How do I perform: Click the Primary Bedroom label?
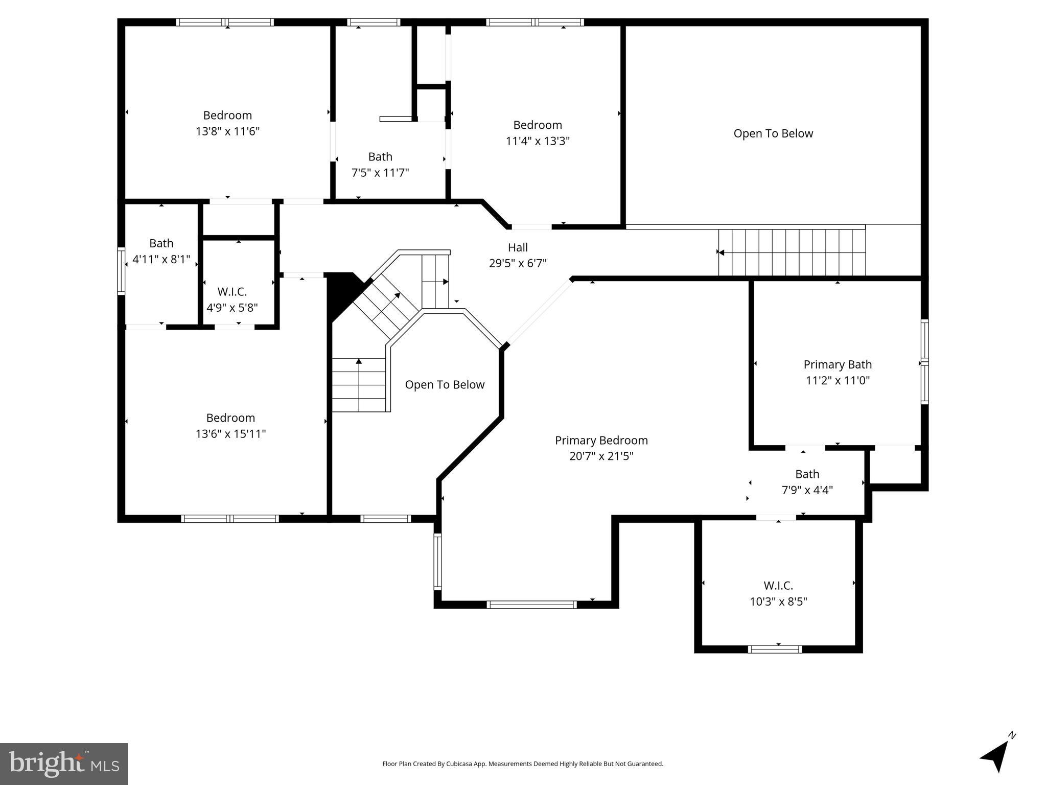(x=601, y=441)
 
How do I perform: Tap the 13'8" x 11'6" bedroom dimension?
(x=227, y=131)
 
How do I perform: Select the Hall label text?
(x=518, y=248)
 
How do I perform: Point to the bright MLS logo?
(x=64, y=764)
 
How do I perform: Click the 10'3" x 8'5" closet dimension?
(x=778, y=602)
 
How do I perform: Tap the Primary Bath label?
(x=837, y=365)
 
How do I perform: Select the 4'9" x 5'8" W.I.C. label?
(x=232, y=300)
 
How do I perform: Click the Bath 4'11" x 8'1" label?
(x=161, y=251)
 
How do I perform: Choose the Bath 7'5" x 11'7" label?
(x=380, y=165)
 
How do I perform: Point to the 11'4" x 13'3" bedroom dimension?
(x=538, y=141)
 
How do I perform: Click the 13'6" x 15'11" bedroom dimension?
(x=230, y=434)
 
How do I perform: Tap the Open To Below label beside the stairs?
(x=445, y=385)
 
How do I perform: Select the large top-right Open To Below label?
(x=773, y=134)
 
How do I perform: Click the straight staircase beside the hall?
(x=792, y=252)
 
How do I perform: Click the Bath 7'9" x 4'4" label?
(x=807, y=482)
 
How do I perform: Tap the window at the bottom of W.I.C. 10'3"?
(x=775, y=649)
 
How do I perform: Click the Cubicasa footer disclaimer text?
(x=522, y=764)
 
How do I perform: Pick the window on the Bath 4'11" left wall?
(x=121, y=271)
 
